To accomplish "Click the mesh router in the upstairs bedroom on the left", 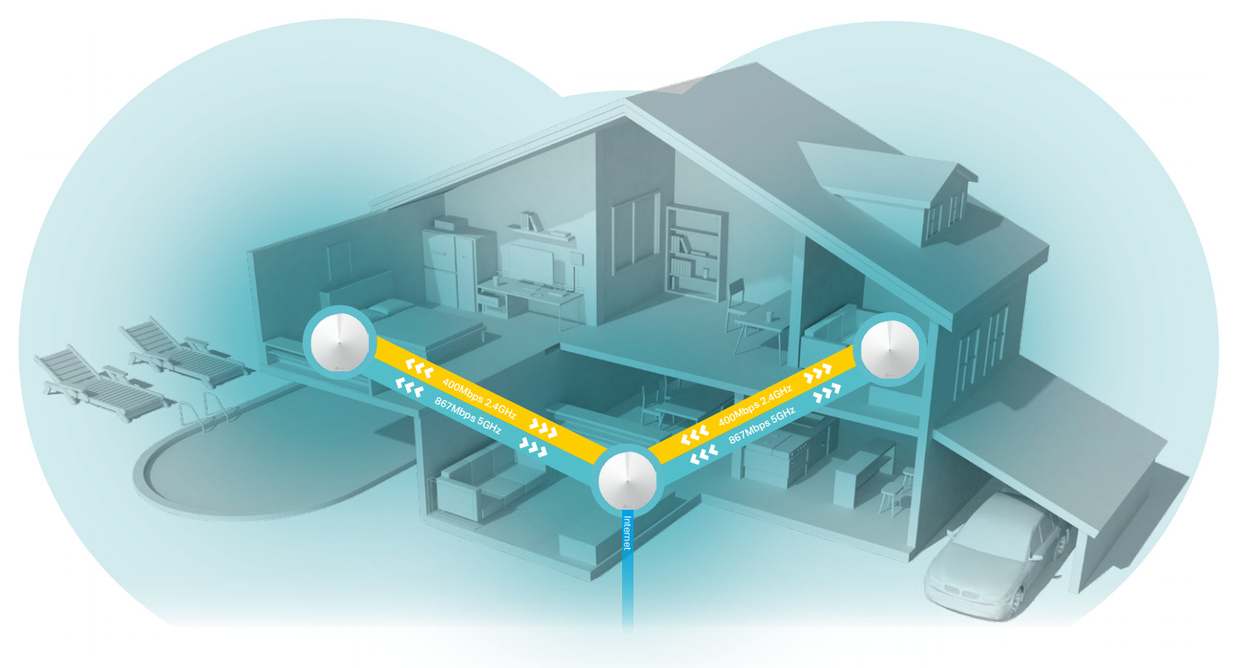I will [338, 341].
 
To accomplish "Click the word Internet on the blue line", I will [627, 533].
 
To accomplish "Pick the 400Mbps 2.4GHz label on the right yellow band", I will [755, 406].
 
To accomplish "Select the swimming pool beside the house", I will [261, 452].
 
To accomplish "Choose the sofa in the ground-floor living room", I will [479, 479].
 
